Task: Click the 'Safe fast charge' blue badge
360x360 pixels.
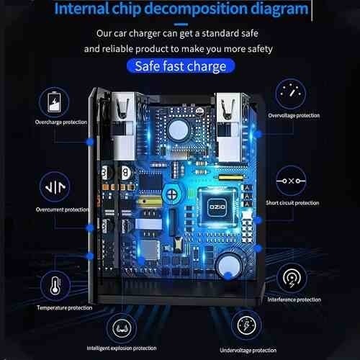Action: point(181,66)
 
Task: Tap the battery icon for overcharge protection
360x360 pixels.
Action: point(54,102)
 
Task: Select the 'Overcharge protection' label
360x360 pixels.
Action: point(61,122)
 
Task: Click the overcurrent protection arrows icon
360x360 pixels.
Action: point(55,186)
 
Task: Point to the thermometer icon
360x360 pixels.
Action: point(55,286)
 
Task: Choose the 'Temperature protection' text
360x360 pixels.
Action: point(64,307)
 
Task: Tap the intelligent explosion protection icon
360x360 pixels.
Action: point(122,328)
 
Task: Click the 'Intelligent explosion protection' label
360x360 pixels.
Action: point(122,348)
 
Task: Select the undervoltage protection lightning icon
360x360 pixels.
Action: point(246,325)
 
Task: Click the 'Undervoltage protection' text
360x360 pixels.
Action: point(248,351)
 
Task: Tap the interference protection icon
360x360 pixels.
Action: point(292,279)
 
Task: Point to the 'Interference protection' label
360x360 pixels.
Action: point(294,300)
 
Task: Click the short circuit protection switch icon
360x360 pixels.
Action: point(291,181)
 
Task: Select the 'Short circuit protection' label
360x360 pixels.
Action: point(292,203)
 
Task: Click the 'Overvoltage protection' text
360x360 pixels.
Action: point(294,115)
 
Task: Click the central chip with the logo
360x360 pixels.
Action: point(217,207)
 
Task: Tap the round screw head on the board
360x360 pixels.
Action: point(171,194)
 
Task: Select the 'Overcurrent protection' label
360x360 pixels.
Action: point(63,210)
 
